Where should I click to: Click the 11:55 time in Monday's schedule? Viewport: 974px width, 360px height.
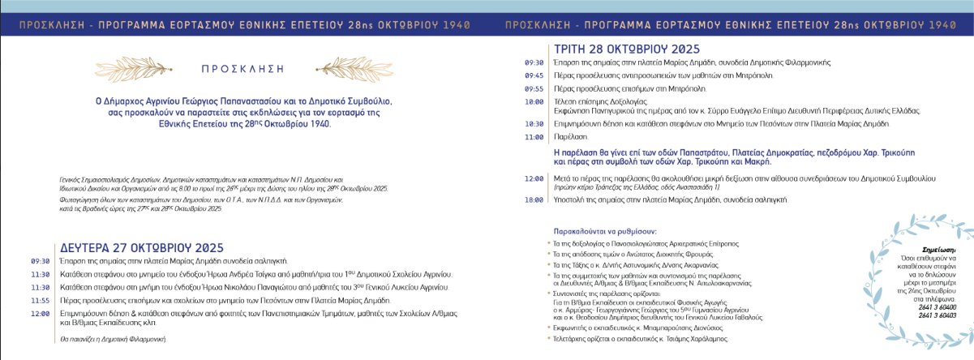coord(41,299)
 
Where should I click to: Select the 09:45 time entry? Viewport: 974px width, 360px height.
coord(534,75)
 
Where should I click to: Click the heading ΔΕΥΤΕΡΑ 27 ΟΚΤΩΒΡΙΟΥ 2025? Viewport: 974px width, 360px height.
coord(122,247)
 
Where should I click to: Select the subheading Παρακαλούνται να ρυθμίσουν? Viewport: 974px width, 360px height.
coord(603,231)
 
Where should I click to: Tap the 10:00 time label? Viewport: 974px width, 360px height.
coord(534,101)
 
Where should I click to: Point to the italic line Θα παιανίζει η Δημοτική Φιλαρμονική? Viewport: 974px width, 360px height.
coord(112,337)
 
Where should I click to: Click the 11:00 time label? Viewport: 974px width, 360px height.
coord(534,137)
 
